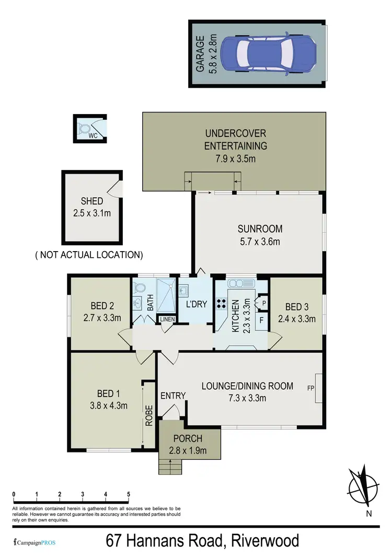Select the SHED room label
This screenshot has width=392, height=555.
coord(91,201)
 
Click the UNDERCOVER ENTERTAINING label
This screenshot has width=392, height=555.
coord(235,140)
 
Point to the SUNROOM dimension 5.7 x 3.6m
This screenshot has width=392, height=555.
coord(260,241)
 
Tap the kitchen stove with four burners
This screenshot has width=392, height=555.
coord(222,305)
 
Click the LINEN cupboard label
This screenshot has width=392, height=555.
coord(167,319)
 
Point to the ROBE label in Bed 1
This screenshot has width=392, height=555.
coord(149,415)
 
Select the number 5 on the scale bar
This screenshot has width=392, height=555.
coord(128,494)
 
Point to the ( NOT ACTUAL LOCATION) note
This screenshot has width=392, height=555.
coord(89,255)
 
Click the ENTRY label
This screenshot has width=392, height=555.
coord(172,395)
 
